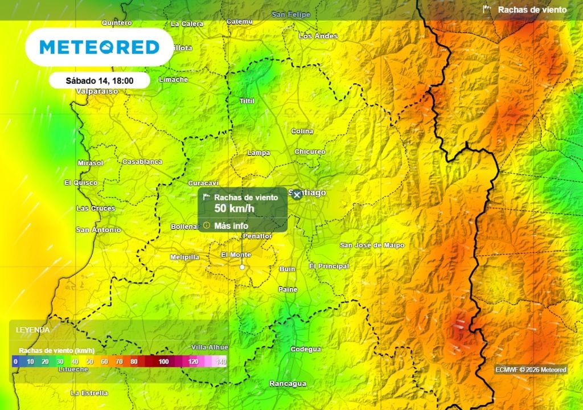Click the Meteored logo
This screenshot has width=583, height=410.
tap(99, 47)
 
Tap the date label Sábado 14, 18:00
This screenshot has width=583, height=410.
tap(99, 80)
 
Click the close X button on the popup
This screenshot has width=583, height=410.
tap(297, 195)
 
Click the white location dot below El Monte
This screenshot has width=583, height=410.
tap(243, 266)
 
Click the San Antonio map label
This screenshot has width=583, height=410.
tap(98, 230)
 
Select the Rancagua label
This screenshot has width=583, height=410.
tap(287, 383)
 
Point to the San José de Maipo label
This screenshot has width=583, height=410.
tap(372, 245)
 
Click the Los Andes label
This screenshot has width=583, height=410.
tap(318, 36)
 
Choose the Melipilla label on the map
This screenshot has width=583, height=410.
tap(185, 257)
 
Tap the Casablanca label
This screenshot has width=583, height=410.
tap(142, 162)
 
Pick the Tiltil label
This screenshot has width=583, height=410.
tap(247, 101)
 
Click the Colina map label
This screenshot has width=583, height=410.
tap(302, 132)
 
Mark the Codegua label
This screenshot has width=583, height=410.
tap(306, 349)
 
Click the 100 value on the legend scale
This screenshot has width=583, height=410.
tap(163, 362)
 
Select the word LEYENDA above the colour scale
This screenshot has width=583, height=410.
tap(32, 330)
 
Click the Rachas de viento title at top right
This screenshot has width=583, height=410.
tap(532, 10)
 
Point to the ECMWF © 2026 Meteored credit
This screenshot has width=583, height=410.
tap(531, 370)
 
